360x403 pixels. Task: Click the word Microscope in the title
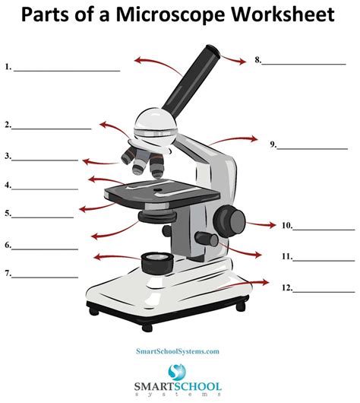(x=186, y=15)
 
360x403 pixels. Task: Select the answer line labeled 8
(x=305, y=63)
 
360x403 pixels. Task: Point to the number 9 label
(x=273, y=143)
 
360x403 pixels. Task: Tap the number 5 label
(x=8, y=214)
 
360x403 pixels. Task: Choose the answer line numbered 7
(x=45, y=276)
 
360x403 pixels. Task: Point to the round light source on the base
(x=156, y=262)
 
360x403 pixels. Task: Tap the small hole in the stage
(x=157, y=189)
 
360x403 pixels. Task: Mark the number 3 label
(x=8, y=157)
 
